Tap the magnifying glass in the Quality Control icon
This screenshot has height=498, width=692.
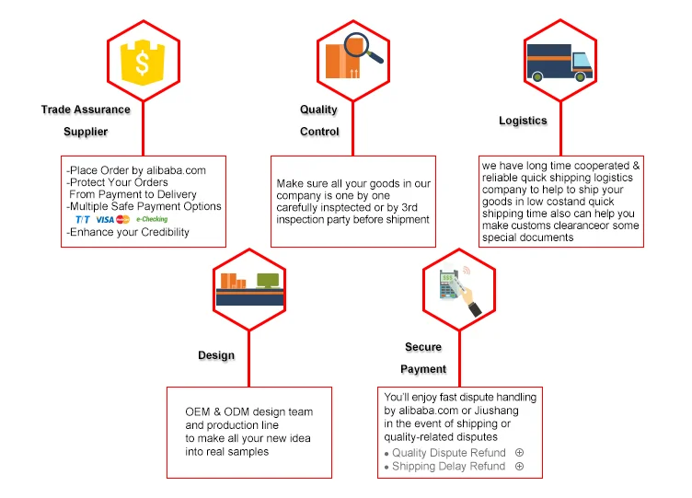[362, 48]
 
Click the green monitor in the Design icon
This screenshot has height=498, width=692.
[268, 280]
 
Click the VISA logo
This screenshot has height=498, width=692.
[105, 220]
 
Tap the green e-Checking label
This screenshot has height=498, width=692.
[152, 220]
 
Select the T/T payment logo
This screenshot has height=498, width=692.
[83, 220]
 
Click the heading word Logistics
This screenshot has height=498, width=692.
[523, 121]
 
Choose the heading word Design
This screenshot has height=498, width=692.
[216, 355]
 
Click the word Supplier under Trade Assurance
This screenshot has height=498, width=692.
[86, 132]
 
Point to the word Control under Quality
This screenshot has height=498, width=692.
[319, 132]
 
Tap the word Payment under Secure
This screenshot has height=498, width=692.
[423, 369]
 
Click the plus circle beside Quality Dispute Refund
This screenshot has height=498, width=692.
[519, 453]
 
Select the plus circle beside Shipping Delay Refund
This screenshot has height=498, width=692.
[519, 467]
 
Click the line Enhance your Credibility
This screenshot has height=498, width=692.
[129, 233]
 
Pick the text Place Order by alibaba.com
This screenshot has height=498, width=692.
[136, 170]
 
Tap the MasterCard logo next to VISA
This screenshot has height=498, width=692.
[123, 220]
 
